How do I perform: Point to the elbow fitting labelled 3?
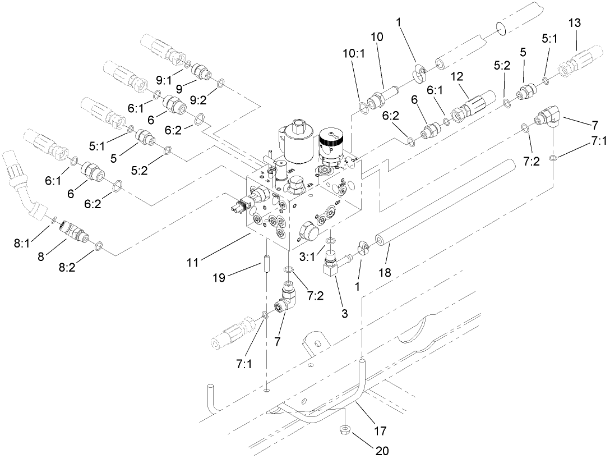click(x=334, y=266)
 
